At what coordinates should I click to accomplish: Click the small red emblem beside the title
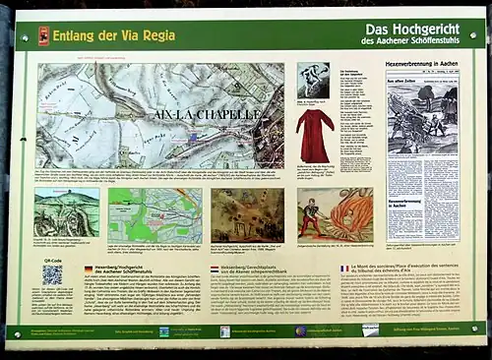click(43, 35)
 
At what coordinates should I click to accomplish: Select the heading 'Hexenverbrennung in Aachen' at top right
click(422, 63)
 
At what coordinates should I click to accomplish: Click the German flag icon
click(88, 268)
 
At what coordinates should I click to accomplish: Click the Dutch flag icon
click(215, 268)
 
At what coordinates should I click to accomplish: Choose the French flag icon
click(345, 268)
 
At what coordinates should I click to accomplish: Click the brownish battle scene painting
click(247, 215)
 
